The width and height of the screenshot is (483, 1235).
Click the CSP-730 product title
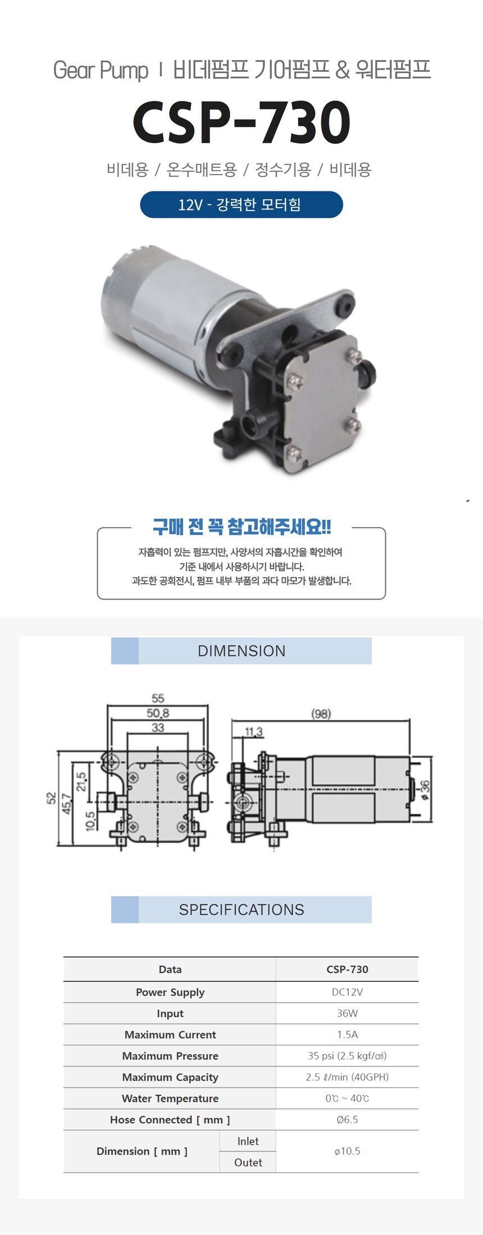coord(241,122)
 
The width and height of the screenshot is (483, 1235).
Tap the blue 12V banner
coord(241,204)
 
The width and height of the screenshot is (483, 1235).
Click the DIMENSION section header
coord(241,651)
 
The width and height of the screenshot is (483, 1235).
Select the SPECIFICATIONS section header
coord(241,909)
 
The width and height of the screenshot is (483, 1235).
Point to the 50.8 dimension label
coord(158,713)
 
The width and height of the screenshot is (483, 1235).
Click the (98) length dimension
coord(321,713)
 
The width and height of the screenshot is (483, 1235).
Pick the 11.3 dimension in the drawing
coord(253,731)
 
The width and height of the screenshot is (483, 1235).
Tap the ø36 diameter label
coord(425,789)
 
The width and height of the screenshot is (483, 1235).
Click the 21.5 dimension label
coord(82,782)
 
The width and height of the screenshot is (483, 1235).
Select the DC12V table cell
coord(347,992)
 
